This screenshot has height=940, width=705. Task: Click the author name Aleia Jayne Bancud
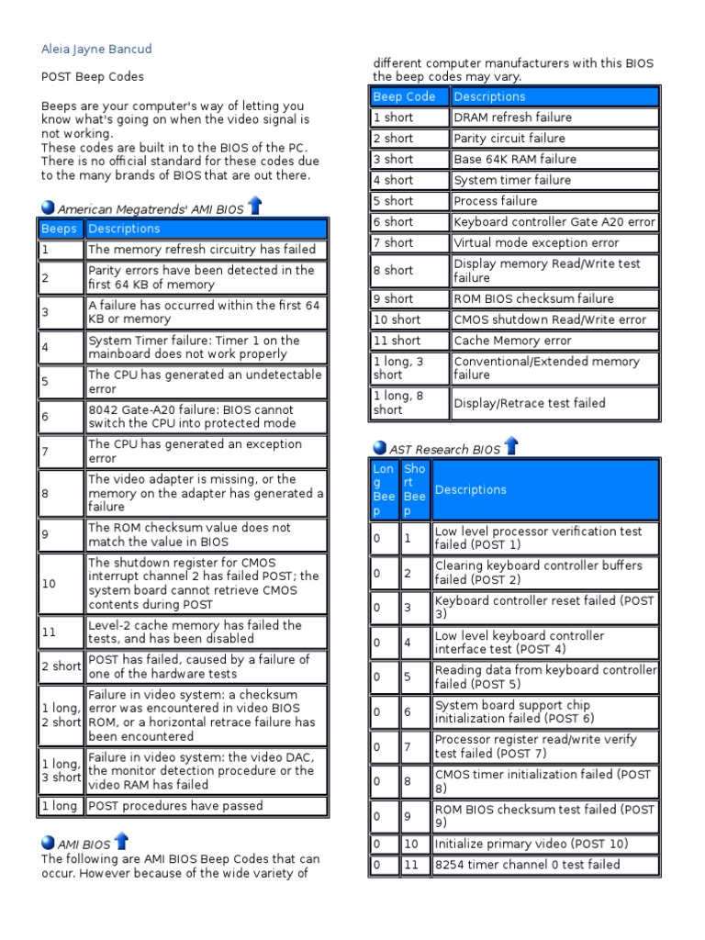pyautogui.click(x=97, y=49)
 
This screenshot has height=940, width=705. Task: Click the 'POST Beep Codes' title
pyautogui.click(x=93, y=77)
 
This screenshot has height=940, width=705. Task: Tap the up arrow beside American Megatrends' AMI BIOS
pyautogui.click(x=255, y=207)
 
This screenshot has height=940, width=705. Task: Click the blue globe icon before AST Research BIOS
pyautogui.click(x=380, y=448)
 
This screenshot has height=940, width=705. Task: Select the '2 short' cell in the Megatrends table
pyautogui.click(x=61, y=666)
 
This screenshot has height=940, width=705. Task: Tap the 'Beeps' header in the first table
pyautogui.click(x=59, y=229)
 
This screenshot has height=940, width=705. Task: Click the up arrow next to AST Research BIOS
pyautogui.click(x=511, y=446)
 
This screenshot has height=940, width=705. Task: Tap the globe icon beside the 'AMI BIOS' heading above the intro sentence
pyautogui.click(x=49, y=843)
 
